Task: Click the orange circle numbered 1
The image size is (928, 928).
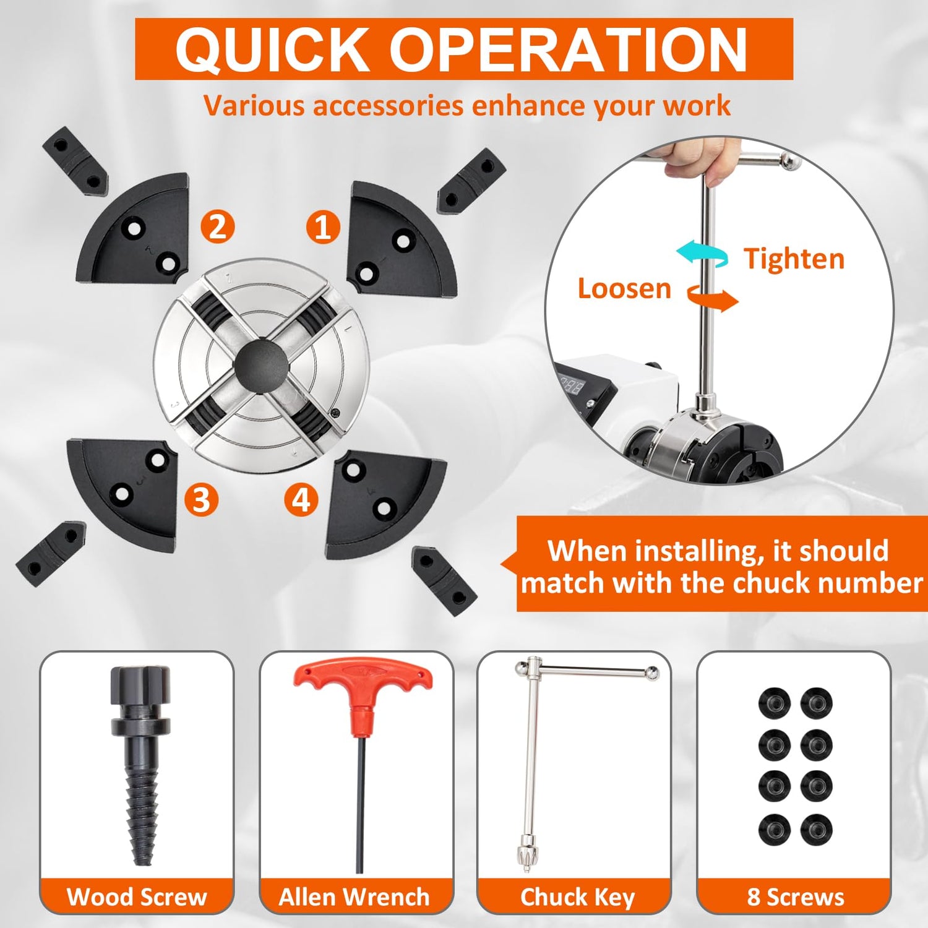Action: (323, 226)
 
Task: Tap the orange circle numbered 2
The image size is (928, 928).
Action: (218, 226)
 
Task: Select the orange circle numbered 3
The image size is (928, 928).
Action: (202, 500)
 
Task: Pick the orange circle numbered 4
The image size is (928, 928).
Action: (301, 500)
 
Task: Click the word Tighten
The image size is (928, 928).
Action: (794, 259)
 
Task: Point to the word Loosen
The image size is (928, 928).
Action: (624, 288)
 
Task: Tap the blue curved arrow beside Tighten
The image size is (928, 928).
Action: (702, 254)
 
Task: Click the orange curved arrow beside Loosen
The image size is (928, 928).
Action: (713, 298)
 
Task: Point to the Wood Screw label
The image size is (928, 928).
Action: (137, 896)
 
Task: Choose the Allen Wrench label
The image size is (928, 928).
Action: (354, 896)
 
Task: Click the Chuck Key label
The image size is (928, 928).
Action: (578, 897)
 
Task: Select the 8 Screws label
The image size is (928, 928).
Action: (796, 896)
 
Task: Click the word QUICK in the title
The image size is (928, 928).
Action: (273, 49)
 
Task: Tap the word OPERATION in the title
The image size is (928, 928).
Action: (569, 49)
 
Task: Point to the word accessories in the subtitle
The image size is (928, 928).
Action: (389, 106)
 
